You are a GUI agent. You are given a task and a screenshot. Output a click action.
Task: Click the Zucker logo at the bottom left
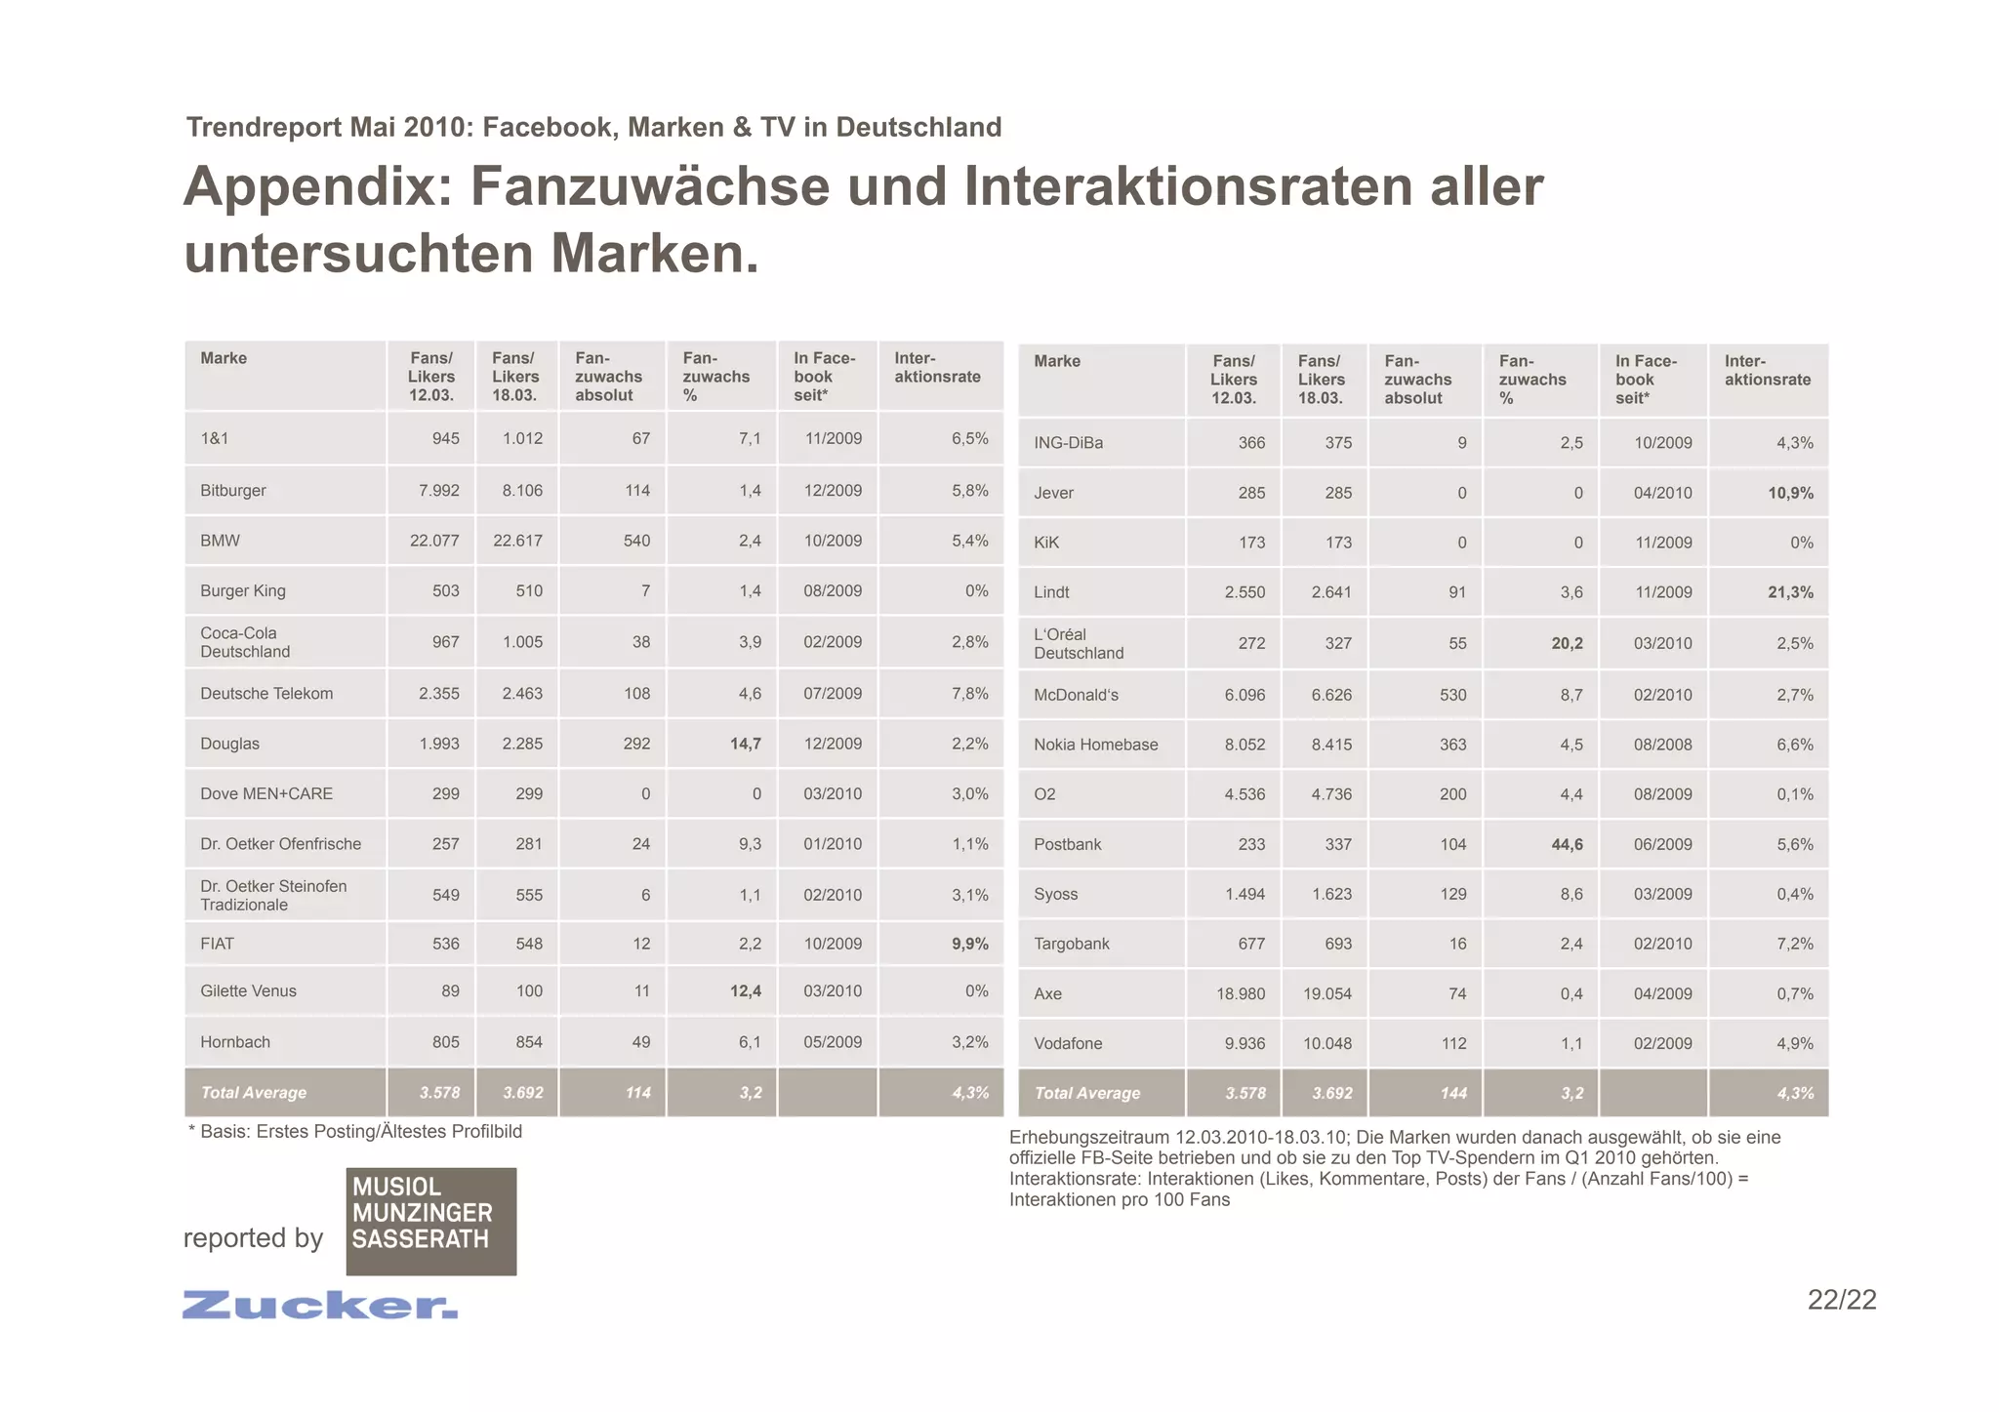[319, 1305]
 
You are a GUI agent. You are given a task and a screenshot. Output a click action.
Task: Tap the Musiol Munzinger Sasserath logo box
[430, 1221]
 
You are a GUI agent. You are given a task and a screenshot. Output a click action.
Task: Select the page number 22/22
[1841, 1300]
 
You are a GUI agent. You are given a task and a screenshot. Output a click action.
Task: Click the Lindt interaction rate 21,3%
[1790, 592]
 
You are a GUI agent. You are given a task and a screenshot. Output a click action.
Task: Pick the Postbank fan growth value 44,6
[1567, 844]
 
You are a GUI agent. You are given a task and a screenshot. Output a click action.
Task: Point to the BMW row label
[220, 541]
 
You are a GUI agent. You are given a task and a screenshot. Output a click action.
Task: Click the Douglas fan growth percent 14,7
[745, 744]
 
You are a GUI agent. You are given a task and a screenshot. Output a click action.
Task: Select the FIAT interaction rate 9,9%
[969, 944]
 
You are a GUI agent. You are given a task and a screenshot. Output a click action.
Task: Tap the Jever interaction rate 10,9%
[1790, 493]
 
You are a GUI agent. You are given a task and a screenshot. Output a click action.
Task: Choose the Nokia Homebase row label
[1095, 745]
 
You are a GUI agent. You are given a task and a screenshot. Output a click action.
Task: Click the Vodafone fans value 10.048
[1327, 1043]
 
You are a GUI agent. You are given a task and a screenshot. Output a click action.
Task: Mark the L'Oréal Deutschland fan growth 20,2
[1567, 643]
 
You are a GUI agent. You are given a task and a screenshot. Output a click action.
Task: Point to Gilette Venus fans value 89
[445, 990]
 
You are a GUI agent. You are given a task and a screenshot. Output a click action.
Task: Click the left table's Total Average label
[253, 1093]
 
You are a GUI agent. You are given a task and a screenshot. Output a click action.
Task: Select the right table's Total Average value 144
[1452, 1094]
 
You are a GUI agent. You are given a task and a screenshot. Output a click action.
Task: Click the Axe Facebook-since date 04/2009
[1662, 993]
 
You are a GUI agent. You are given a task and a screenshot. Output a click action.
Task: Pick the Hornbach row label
[235, 1042]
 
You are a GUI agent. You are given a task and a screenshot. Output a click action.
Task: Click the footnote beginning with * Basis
[355, 1132]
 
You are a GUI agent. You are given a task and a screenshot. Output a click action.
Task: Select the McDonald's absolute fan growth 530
[1452, 695]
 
